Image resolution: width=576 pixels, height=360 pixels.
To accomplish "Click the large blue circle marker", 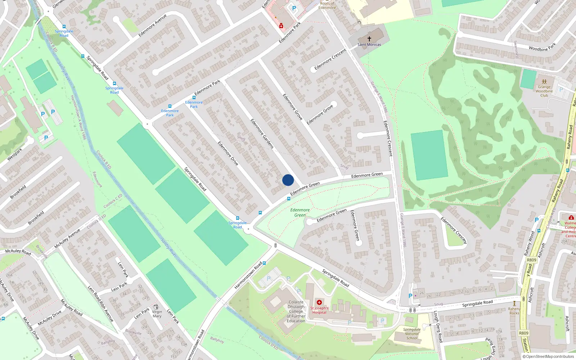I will tap(288, 180).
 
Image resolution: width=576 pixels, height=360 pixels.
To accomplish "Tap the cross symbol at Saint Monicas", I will tap(369, 39).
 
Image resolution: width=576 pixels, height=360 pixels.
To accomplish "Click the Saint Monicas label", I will tap(369, 45).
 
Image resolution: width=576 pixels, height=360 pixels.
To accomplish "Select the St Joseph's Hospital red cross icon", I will tap(319, 302).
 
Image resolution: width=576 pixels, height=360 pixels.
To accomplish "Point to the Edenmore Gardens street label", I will tap(262, 134).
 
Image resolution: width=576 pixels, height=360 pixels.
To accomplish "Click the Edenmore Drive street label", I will tap(228, 153).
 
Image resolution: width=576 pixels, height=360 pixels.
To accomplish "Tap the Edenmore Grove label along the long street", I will tap(292, 107).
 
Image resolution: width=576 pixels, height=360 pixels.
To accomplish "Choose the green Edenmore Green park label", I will tap(300, 212).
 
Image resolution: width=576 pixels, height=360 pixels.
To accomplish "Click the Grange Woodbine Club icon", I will tap(544, 82).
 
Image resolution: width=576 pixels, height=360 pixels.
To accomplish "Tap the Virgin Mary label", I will tap(157, 314).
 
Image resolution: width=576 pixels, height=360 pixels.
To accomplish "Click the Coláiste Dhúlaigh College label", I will tap(296, 311).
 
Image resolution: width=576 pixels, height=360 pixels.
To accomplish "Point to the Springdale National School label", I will tap(412, 334).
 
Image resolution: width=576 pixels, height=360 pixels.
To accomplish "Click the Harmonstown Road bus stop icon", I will tap(264, 263).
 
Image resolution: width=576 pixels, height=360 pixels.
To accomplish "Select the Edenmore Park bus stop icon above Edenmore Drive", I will tap(194, 98).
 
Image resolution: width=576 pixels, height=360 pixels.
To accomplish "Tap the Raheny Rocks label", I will tap(514, 311).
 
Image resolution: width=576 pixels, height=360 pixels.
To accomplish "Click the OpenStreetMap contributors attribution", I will tap(548, 356).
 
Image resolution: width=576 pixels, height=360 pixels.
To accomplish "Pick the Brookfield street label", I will tap(18, 192).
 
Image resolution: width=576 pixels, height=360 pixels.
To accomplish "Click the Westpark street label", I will tap(15, 154).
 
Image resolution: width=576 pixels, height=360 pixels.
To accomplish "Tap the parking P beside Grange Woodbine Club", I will tap(561, 90).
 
